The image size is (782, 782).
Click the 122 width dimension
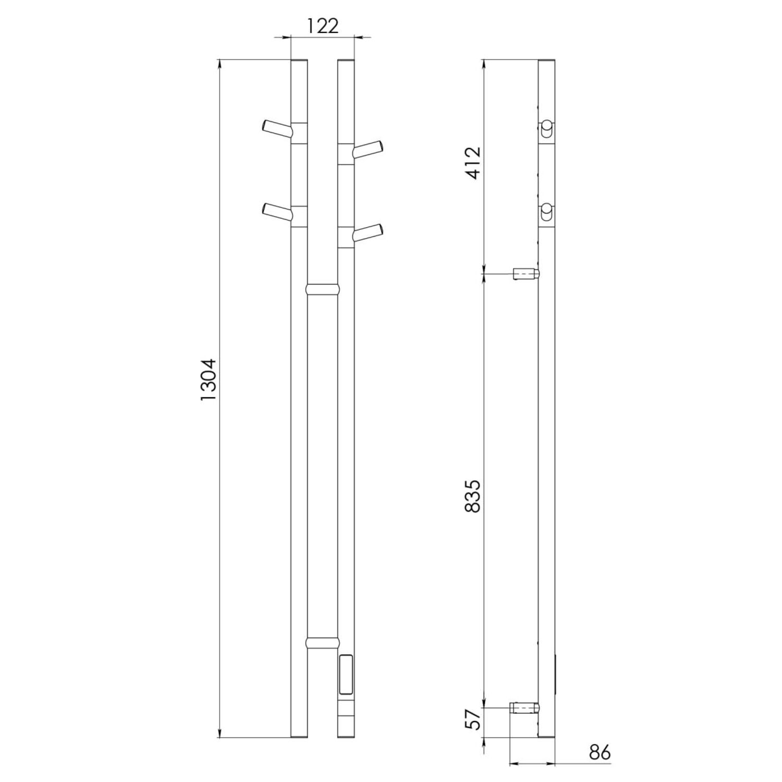(322, 26)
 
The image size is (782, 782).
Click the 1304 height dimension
(209, 379)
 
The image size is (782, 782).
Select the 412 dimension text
(473, 163)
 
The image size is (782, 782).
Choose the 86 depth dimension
(600, 753)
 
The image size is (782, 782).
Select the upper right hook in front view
(369, 149)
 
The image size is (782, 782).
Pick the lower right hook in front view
(369, 232)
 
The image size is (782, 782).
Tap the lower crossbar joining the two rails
(322, 641)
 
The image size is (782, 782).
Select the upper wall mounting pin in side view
(526, 274)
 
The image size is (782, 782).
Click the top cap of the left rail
(299, 62)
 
